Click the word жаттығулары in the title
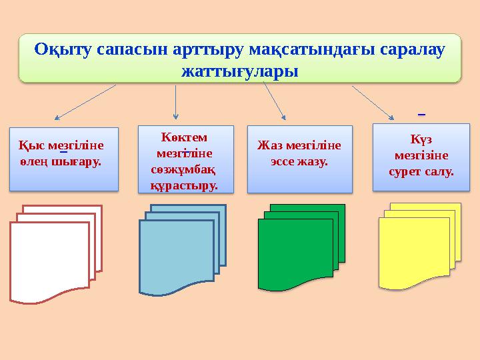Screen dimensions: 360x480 (x=240, y=69)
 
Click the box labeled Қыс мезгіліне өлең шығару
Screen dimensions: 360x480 (x=65, y=159)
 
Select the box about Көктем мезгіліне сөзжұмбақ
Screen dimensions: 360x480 (x=185, y=159)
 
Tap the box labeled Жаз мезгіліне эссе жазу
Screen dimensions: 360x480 (x=299, y=159)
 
